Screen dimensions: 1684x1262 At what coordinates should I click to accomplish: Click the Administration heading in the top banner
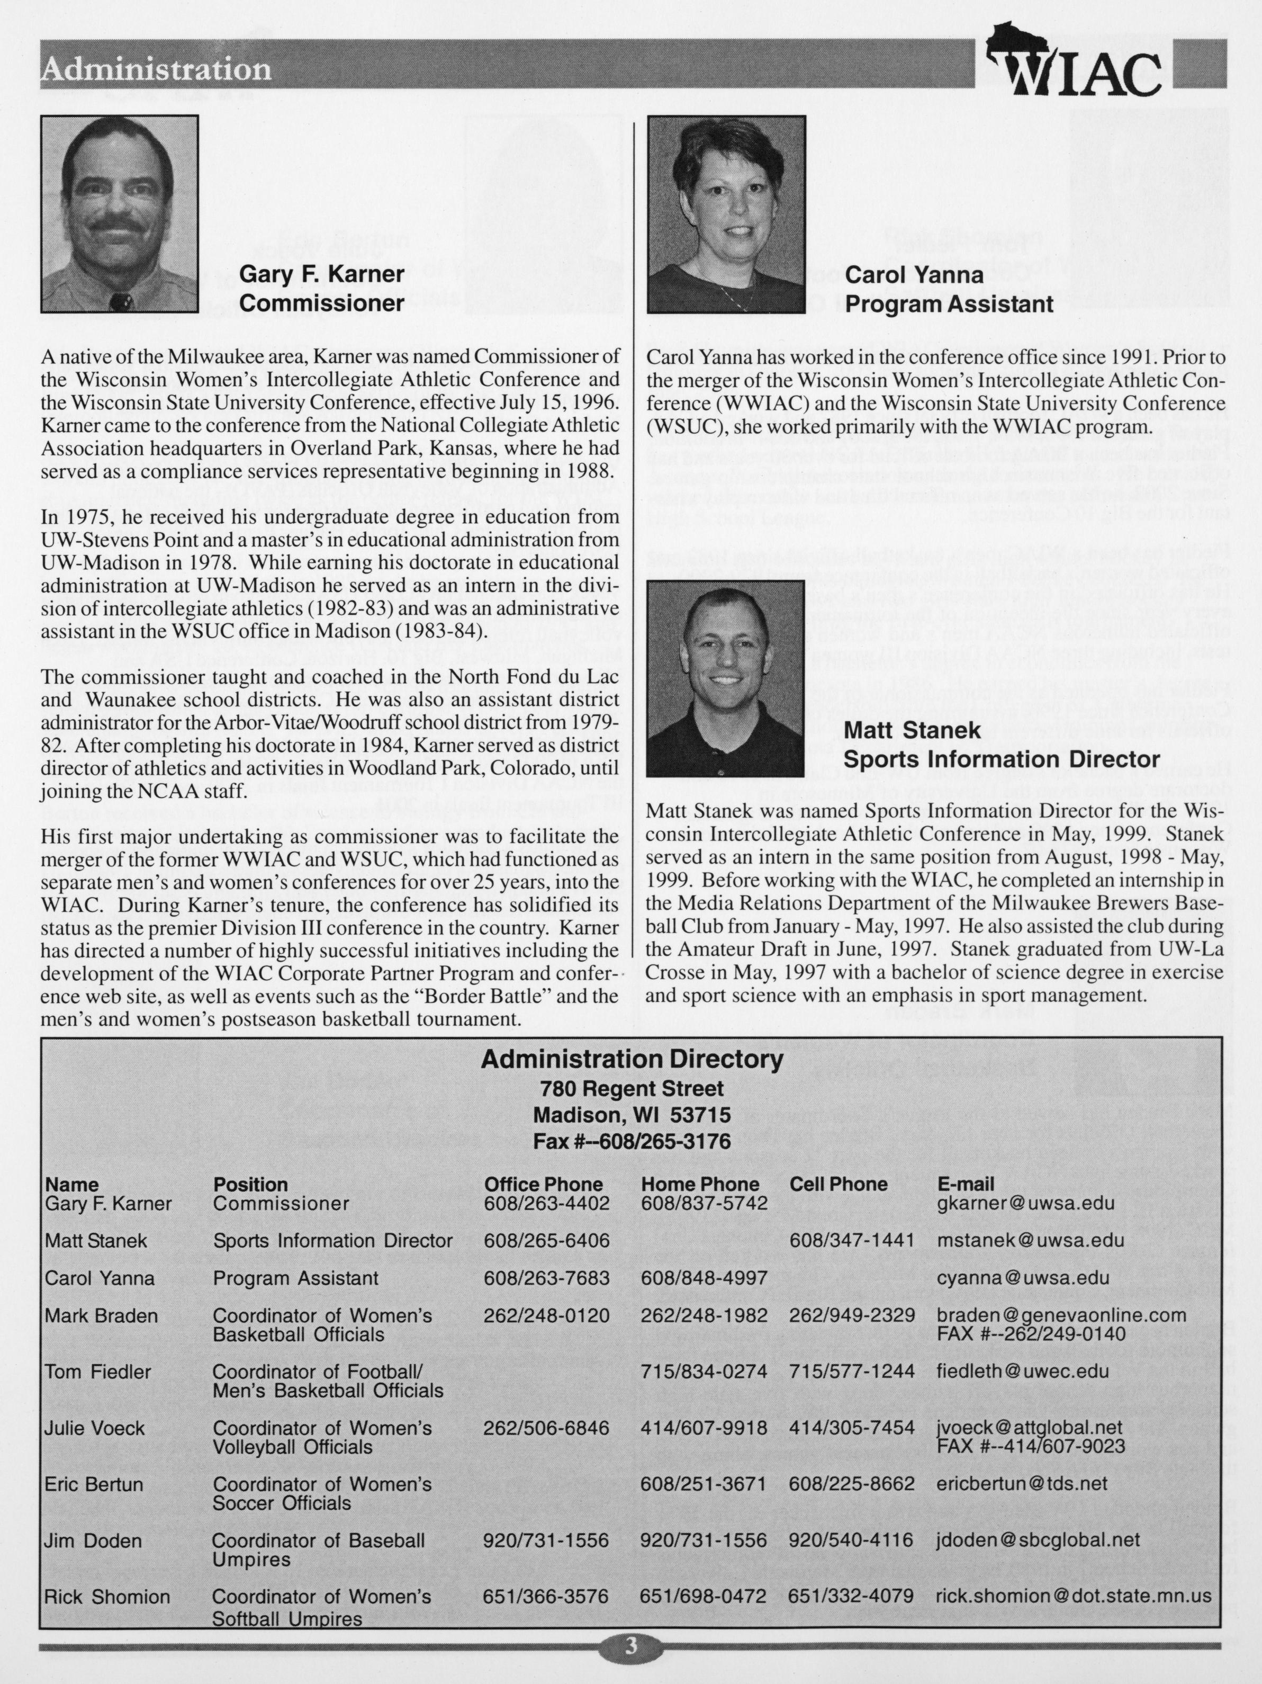pyautogui.click(x=157, y=69)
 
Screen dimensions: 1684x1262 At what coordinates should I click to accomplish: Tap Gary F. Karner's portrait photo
pyautogui.click(x=120, y=214)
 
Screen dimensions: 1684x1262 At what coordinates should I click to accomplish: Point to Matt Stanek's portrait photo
pyautogui.click(x=725, y=678)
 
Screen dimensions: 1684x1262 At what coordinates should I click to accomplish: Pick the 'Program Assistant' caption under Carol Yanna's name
pyautogui.click(x=949, y=304)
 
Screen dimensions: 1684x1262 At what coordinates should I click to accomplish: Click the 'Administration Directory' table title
pyautogui.click(x=632, y=1059)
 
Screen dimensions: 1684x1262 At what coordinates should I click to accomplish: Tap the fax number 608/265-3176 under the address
pyautogui.click(x=632, y=1141)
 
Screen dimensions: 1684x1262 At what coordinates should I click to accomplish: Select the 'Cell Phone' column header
pyautogui.click(x=838, y=1184)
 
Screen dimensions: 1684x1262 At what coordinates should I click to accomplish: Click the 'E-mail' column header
pyautogui.click(x=965, y=1184)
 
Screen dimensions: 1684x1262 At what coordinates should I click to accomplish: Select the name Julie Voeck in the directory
pyautogui.click(x=94, y=1428)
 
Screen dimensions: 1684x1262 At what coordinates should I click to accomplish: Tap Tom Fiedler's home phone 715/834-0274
pyautogui.click(x=704, y=1372)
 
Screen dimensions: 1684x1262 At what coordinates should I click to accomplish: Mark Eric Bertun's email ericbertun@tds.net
pyautogui.click(x=1011, y=1483)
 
